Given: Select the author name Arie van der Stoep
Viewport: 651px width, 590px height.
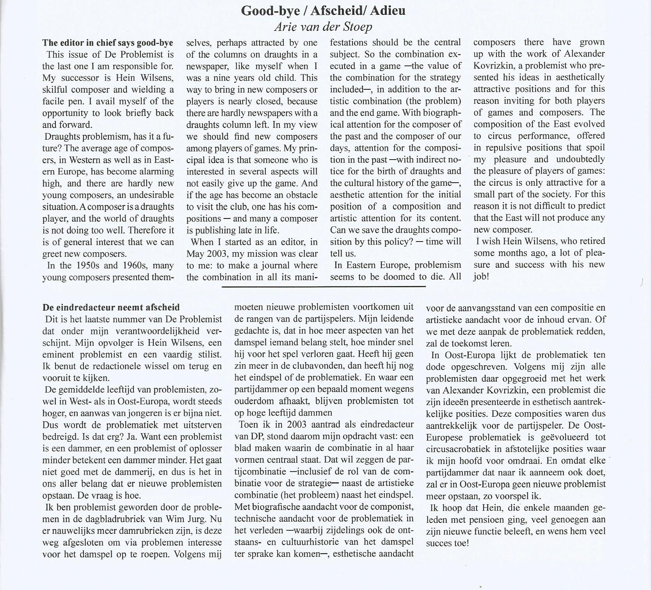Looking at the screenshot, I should coord(323,27).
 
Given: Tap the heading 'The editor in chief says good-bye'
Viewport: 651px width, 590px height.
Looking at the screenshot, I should coord(107,43).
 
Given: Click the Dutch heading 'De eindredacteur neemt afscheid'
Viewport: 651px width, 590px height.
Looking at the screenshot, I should coord(111,307).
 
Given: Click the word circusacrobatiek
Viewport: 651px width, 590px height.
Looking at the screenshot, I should coord(456,449).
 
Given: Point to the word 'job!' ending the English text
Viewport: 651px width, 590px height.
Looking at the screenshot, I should coord(481,277).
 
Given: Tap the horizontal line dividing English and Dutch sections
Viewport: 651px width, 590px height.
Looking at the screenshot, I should coord(324,287).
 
